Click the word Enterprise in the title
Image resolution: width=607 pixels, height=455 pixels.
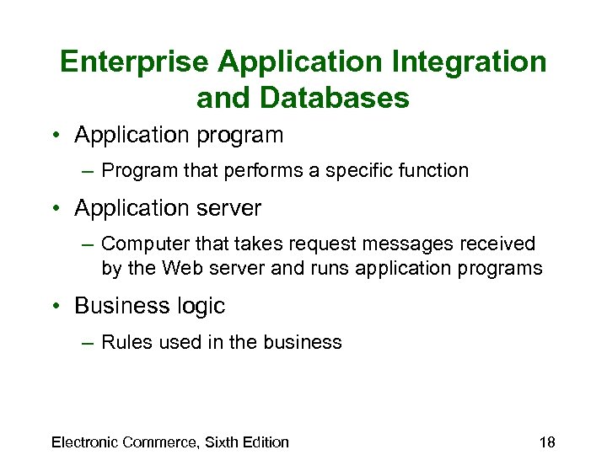pos(135,62)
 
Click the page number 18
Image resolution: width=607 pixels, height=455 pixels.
pos(547,442)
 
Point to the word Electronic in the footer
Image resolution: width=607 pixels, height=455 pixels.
pos(85,442)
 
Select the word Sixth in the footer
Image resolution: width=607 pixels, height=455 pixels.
pos(214,442)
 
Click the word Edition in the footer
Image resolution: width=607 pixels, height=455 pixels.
pos(263,442)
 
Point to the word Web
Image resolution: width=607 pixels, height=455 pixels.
pos(183,269)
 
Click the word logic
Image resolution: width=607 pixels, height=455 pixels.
pos(201,306)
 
